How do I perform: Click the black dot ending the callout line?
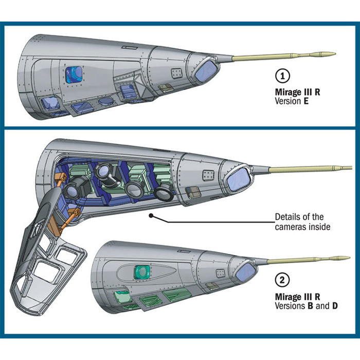[x=151, y=216]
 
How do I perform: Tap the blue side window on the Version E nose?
[x=74, y=75]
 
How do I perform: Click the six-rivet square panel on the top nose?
[x=176, y=73]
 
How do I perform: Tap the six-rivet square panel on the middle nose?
[x=207, y=174]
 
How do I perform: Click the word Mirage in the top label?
[x=287, y=93]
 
